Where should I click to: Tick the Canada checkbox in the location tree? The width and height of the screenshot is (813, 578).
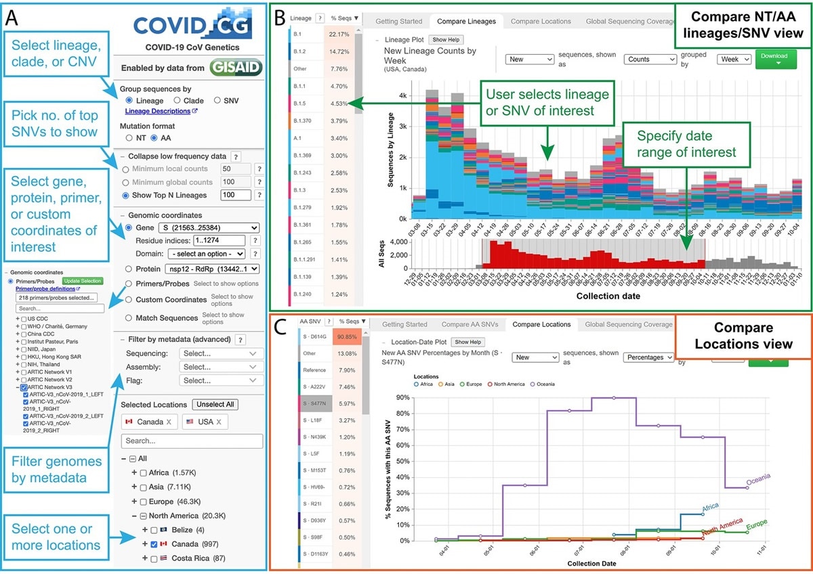pyautogui.click(x=156, y=543)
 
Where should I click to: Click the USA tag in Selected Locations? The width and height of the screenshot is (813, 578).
pyautogui.click(x=200, y=422)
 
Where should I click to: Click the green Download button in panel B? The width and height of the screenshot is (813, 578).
pyautogui.click(x=774, y=59)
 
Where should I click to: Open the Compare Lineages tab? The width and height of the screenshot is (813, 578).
pyautogui.click(x=466, y=22)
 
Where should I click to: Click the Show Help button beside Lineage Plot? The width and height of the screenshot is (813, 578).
pyautogui.click(x=446, y=40)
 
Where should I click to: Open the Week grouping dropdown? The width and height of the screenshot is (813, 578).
pyautogui.click(x=734, y=59)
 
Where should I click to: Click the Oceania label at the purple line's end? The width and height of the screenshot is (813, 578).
pyautogui.click(x=759, y=480)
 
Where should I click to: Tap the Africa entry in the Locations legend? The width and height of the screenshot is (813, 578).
pyautogui.click(x=425, y=384)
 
